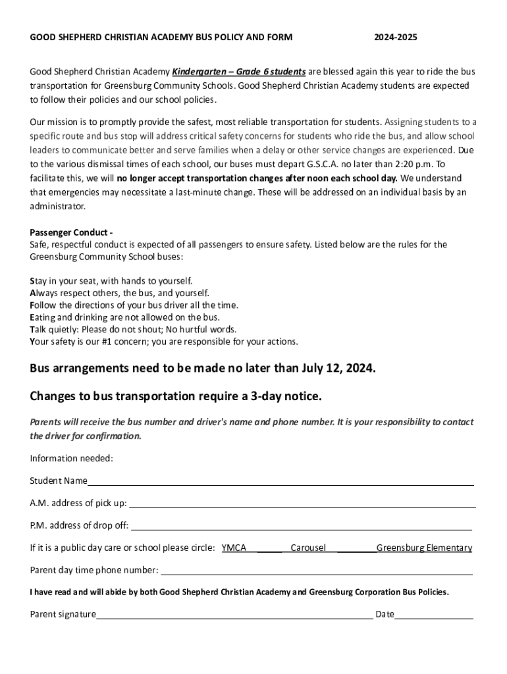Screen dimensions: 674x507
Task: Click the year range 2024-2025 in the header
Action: [395, 38]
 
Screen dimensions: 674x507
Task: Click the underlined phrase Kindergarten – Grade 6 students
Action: [238, 72]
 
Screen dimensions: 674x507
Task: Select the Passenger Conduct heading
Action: [71, 232]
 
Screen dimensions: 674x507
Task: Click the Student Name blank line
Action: [280, 482]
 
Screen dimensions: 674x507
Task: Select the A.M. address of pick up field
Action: [302, 504]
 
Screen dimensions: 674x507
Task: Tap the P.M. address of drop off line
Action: [302, 526]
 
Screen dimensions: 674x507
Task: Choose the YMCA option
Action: [234, 548]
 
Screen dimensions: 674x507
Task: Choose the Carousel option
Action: [308, 548]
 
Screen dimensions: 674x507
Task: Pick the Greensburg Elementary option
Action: [424, 548]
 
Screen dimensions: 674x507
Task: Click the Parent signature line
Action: [234, 615]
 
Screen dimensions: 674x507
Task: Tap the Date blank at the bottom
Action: [434, 615]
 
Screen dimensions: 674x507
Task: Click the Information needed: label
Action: [71, 458]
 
